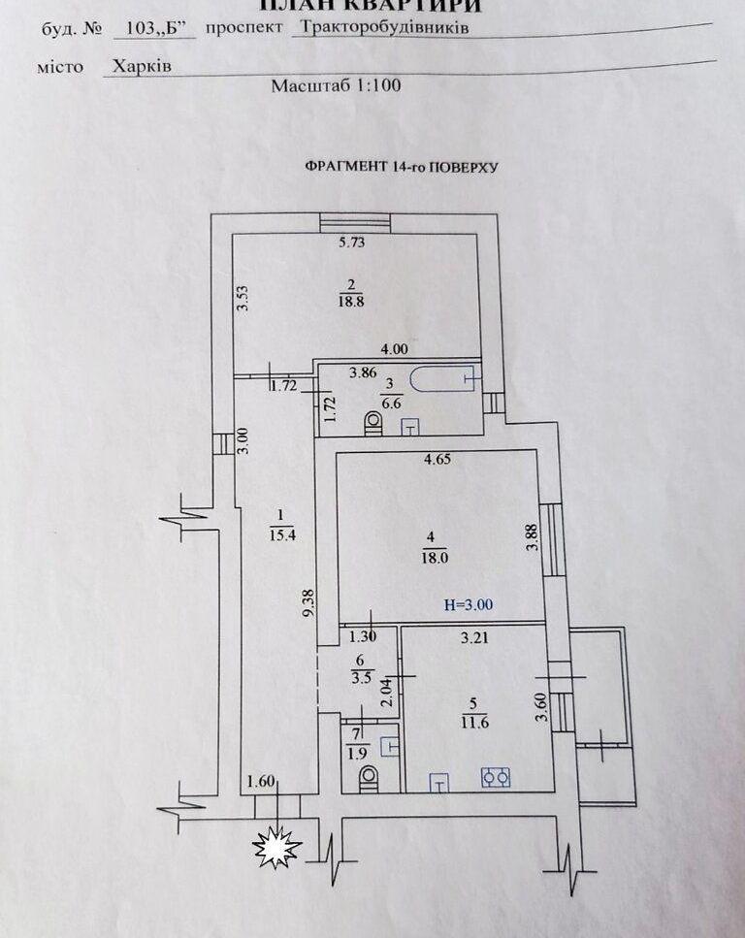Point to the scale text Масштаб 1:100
click(x=336, y=85)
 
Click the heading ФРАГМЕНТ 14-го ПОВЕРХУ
click(x=401, y=167)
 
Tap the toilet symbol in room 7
click(x=368, y=777)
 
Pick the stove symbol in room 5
click(x=497, y=777)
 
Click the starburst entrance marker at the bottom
click(x=276, y=848)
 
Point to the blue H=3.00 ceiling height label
click(x=469, y=604)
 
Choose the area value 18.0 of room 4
click(x=432, y=558)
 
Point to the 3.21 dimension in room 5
click(x=473, y=638)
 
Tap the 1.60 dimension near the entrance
click(x=262, y=781)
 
